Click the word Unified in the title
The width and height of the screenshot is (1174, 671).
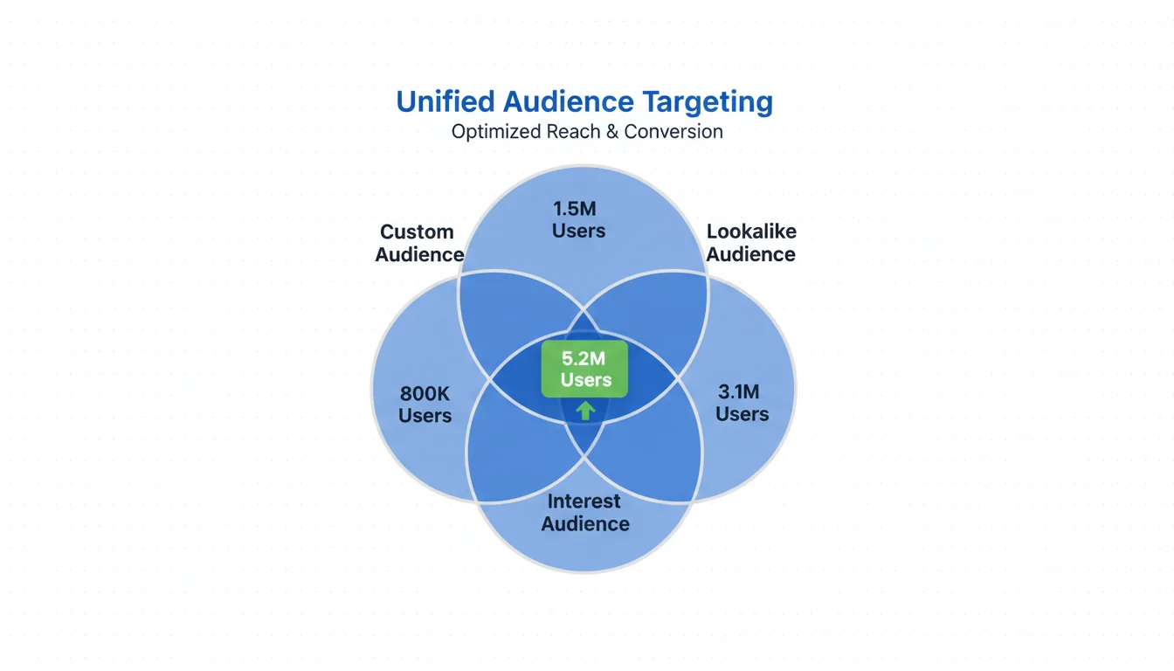click(x=445, y=102)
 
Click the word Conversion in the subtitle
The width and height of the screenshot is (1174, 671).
click(x=673, y=132)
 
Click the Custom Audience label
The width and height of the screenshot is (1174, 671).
click(x=418, y=244)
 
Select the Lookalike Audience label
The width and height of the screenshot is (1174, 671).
click(x=751, y=243)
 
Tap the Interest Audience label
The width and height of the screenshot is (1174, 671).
click(x=585, y=513)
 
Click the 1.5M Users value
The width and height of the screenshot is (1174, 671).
click(x=579, y=219)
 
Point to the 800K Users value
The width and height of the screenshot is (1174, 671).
click(x=425, y=404)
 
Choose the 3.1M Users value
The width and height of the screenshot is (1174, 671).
click(x=742, y=402)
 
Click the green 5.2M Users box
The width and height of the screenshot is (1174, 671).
click(x=584, y=369)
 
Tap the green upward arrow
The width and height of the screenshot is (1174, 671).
click(x=585, y=410)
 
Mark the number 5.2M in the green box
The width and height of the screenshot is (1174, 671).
click(x=585, y=357)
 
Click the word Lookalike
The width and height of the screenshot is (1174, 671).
click(x=751, y=232)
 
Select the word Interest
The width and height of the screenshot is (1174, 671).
click(x=584, y=502)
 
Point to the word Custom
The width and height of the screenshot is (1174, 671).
click(x=418, y=232)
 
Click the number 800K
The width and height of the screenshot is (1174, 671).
click(x=425, y=392)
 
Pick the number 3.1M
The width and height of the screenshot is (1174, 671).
click(x=742, y=391)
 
